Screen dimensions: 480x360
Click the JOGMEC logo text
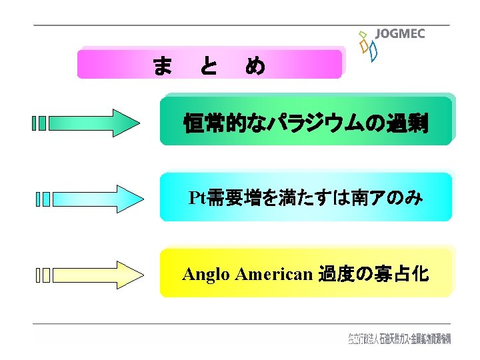pyautogui.click(x=400, y=34)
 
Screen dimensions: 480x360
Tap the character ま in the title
pyautogui.click(x=162, y=65)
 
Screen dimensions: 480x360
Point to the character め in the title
pyautogui.click(x=255, y=65)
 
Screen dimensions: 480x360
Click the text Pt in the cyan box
pyautogui.click(x=197, y=198)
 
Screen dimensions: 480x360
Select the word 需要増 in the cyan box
pyautogui.click(x=232, y=198)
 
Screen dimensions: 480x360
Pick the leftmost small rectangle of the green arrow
pyautogui.click(x=35, y=123)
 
